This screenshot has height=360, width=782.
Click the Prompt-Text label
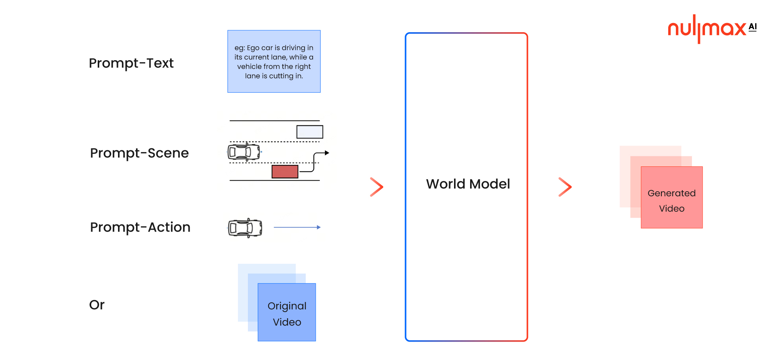click(131, 63)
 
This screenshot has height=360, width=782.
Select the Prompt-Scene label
click(139, 153)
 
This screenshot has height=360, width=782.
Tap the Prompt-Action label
click(140, 227)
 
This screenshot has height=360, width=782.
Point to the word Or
click(97, 305)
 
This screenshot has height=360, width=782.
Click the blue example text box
click(274, 61)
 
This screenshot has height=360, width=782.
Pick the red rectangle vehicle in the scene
click(285, 172)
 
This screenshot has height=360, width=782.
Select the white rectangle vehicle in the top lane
click(310, 132)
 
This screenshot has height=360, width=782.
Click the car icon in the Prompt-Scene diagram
click(244, 152)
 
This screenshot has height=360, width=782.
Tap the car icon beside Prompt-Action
click(245, 228)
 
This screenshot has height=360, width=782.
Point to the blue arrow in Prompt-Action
click(297, 227)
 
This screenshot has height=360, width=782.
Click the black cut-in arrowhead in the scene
click(327, 153)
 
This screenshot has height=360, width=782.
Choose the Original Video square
click(287, 312)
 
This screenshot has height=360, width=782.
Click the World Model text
click(468, 184)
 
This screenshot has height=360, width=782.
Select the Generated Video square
click(671, 197)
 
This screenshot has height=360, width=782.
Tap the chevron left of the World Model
click(377, 187)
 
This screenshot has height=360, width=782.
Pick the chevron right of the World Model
click(565, 187)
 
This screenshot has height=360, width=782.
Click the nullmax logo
click(707, 29)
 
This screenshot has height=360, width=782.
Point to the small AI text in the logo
click(752, 27)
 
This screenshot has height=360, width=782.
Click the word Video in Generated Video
click(671, 209)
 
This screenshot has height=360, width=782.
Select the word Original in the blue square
click(287, 306)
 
